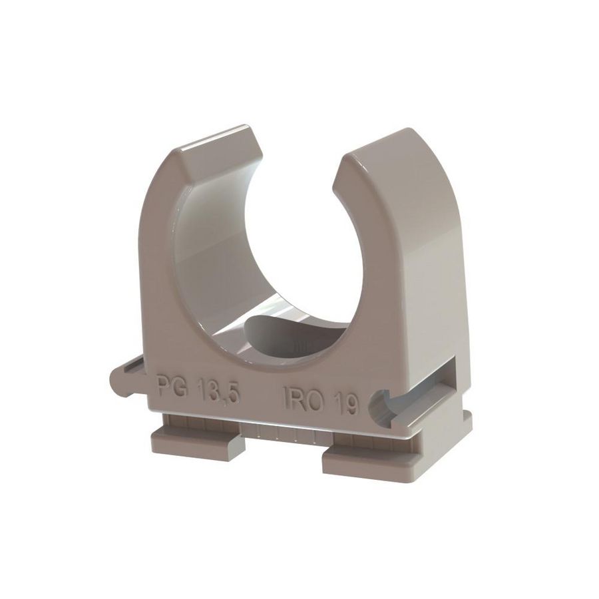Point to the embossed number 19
pyautogui.click(x=347, y=402)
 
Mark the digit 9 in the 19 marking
pyautogui.click(x=353, y=403)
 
